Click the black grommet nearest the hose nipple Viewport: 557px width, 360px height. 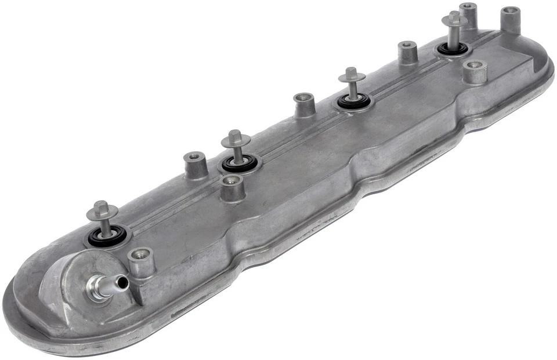(x=107, y=236)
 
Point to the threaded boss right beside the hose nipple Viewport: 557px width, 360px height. (x=140, y=261)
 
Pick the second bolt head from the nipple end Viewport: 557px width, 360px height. (x=236, y=138)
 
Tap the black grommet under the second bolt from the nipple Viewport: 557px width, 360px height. (x=238, y=164)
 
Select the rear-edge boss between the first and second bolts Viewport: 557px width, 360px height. (x=196, y=164)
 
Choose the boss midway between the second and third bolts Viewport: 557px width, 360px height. (x=304, y=104)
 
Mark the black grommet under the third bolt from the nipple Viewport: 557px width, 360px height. (x=353, y=102)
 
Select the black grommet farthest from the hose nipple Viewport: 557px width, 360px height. (x=453, y=49)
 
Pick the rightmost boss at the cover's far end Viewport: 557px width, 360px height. (x=510, y=19)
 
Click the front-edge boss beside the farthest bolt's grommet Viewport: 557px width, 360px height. (x=475, y=71)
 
